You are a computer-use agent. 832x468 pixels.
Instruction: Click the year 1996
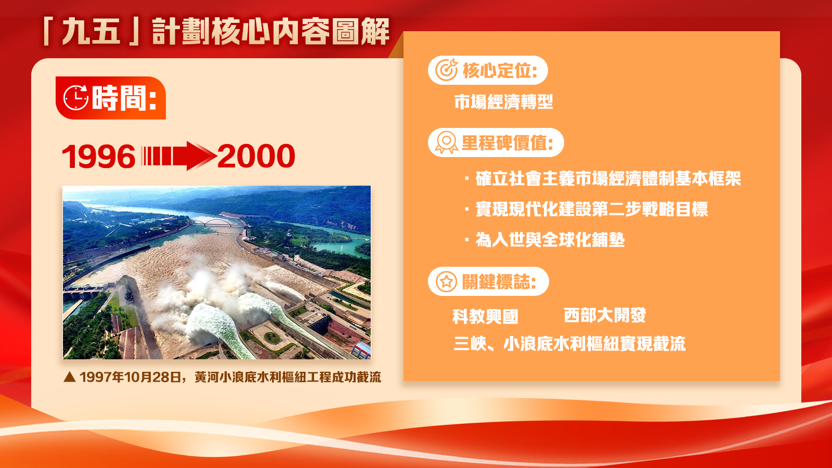tap(99, 157)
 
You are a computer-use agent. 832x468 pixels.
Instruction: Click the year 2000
tap(256, 156)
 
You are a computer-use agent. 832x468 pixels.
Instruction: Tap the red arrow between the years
tap(179, 156)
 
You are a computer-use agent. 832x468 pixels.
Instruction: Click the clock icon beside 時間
tap(76, 98)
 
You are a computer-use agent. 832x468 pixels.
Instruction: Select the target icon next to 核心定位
tap(447, 70)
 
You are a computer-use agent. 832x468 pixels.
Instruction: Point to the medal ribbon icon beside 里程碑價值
tap(447, 142)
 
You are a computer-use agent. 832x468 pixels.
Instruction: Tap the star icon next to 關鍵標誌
tap(447, 281)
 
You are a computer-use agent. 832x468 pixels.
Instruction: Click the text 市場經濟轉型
tap(504, 102)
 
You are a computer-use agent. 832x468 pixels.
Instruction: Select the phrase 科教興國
tap(485, 317)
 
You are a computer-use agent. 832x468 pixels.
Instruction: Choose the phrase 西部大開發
tap(605, 315)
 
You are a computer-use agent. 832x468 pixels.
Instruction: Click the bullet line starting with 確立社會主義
tap(603, 179)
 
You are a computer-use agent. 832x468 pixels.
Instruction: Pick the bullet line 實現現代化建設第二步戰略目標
tap(587, 209)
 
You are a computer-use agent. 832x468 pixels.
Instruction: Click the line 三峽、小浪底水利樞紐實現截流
tap(569, 344)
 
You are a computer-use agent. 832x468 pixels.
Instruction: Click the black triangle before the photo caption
tap(70, 378)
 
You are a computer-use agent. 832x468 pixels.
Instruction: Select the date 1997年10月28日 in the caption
tap(131, 377)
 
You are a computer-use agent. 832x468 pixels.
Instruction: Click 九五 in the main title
tap(92, 32)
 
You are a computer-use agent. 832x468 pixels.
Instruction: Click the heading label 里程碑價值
tap(508, 142)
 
